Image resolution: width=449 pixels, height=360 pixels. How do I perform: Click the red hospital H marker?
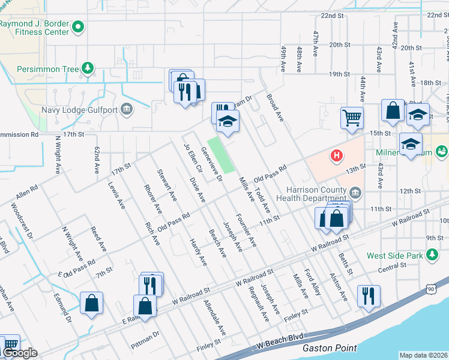337,156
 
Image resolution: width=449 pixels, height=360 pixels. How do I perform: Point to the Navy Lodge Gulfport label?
80,110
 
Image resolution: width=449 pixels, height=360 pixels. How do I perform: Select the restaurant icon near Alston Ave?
367,295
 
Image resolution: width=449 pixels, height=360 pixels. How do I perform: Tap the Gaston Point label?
330,348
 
